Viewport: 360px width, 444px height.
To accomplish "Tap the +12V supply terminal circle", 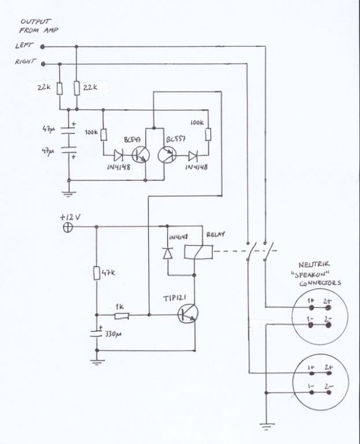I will (67, 227).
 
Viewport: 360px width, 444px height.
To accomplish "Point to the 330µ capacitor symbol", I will (96, 334).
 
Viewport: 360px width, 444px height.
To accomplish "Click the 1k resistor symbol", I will (121, 316).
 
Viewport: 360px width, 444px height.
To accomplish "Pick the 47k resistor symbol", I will (96, 273).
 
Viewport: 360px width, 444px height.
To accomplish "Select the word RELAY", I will (216, 235).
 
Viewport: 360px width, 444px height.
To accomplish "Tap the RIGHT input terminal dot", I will (43, 63).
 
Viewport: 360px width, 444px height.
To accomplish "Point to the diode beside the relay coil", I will (168, 253).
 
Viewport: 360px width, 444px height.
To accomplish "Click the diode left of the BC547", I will (118, 155).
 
